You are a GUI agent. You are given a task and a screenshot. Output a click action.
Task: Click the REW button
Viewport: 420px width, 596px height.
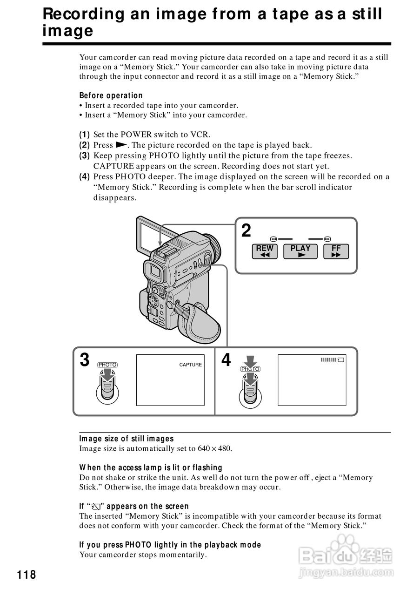point(265,251)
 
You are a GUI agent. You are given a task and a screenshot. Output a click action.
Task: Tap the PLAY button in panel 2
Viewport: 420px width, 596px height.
point(300,251)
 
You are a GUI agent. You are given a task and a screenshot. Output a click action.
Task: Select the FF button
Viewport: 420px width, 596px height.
point(336,251)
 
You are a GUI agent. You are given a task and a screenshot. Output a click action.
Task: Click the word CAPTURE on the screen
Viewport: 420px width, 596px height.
point(191,365)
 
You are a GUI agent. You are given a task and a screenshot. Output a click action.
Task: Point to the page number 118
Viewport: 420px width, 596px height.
point(27,575)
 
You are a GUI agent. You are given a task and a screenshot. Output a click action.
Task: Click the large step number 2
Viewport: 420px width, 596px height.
point(246,231)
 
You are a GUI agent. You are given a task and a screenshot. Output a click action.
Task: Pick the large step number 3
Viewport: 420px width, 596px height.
point(84,360)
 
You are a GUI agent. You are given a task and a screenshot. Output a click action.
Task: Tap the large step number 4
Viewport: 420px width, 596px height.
point(226,360)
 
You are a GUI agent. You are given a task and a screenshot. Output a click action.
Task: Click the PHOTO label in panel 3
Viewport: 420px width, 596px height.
point(107,365)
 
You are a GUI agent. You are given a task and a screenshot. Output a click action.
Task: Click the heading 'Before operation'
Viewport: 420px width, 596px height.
point(111,95)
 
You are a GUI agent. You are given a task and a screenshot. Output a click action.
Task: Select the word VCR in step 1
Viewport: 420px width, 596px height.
point(201,135)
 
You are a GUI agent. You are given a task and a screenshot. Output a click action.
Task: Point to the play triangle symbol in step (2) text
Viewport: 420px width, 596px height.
point(121,145)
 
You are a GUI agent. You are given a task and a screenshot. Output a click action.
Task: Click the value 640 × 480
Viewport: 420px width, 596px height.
point(214,449)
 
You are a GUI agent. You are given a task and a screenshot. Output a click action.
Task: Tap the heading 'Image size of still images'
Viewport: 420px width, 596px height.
point(126,439)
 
